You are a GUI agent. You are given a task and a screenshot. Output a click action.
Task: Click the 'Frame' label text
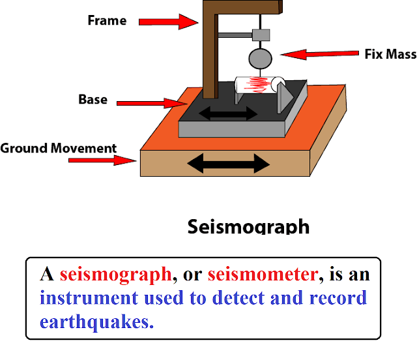(107, 20)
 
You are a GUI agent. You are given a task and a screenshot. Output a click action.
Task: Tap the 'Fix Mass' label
(390, 55)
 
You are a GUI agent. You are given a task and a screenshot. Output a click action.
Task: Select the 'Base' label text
(93, 100)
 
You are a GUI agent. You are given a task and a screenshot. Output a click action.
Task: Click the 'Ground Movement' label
(59, 148)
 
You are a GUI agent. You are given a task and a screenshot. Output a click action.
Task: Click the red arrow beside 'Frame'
(168, 22)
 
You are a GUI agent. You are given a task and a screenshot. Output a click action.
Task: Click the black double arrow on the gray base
(227, 114)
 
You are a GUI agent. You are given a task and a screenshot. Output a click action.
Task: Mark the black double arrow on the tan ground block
(227, 162)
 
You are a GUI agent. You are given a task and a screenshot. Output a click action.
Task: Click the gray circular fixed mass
(261, 58)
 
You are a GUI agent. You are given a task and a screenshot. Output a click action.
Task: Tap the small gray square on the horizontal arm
(261, 34)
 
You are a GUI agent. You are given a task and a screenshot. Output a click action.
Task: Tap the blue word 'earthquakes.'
(96, 322)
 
